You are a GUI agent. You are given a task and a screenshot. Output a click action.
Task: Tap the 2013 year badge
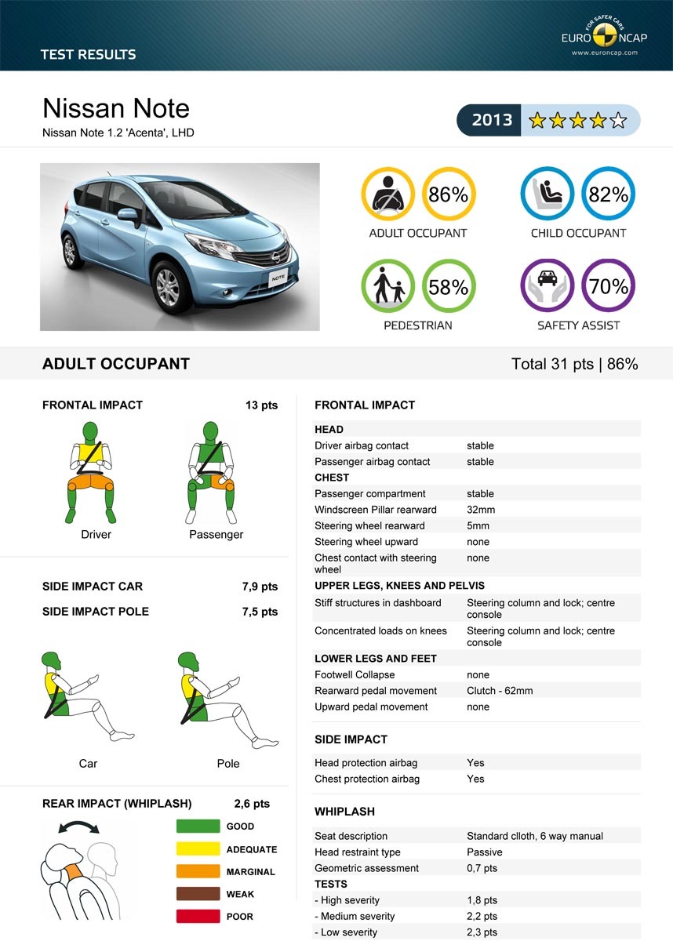click(x=492, y=120)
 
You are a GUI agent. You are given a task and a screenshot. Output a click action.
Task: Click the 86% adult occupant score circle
click(x=448, y=194)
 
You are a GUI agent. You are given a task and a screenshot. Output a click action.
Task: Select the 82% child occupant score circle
click(x=608, y=194)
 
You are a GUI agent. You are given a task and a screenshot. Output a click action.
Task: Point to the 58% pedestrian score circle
click(x=448, y=287)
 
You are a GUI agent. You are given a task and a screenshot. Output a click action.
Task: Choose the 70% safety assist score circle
click(x=608, y=287)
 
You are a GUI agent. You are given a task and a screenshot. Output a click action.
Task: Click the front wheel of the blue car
click(x=168, y=287)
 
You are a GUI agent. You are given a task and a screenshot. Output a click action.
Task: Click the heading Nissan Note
click(x=116, y=108)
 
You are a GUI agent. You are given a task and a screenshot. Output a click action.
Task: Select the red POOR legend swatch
click(x=198, y=916)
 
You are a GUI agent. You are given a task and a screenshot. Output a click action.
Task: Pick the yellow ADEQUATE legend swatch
click(x=198, y=848)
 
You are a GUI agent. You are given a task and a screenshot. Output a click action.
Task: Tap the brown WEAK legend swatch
click(x=198, y=894)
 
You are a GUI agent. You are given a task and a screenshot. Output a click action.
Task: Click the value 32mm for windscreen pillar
click(x=481, y=510)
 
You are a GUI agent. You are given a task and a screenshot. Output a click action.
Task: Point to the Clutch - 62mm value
click(x=500, y=691)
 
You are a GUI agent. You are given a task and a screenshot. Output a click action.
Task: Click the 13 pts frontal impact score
click(x=261, y=405)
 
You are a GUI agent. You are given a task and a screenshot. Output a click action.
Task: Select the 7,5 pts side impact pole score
click(x=260, y=612)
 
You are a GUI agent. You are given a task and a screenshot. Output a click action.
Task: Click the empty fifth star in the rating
click(x=619, y=121)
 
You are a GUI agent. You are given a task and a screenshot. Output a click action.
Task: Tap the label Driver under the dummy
click(x=96, y=535)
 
